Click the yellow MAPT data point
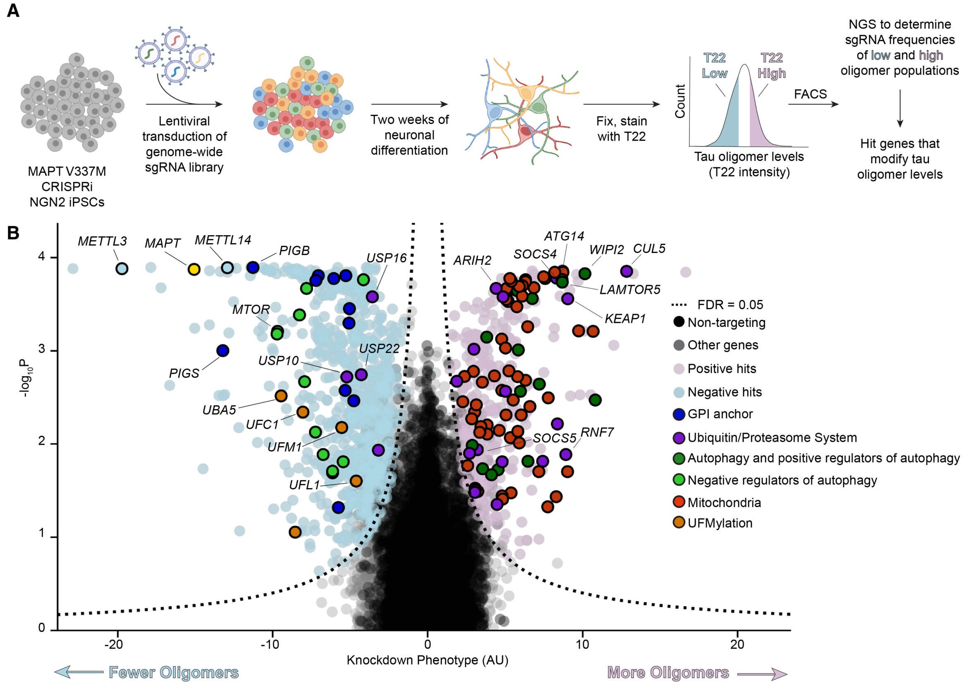point(194,269)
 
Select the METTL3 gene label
point(102,241)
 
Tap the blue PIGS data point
point(223,350)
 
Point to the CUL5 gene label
point(649,249)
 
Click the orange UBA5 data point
point(281,396)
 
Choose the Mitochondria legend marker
point(679,502)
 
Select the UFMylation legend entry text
point(720,523)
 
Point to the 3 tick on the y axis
point(42,350)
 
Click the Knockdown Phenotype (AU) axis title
point(427,660)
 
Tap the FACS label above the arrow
point(810,94)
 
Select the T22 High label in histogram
point(771,65)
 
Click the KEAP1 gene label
point(625,319)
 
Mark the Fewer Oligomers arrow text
point(173,672)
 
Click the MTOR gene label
point(251,310)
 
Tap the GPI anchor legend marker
point(679,414)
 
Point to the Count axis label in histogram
point(680,101)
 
